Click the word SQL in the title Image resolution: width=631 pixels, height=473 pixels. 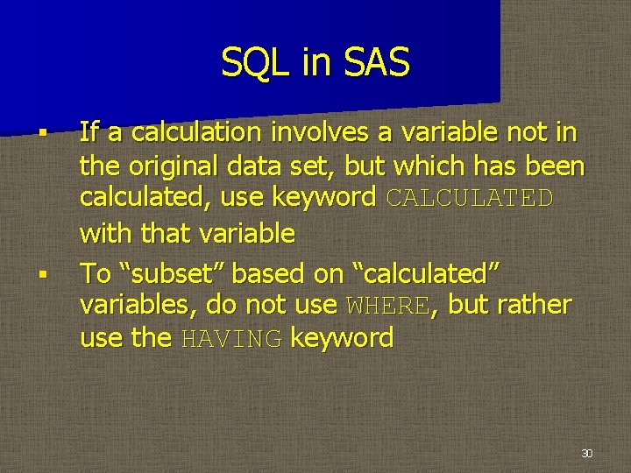[x=249, y=63]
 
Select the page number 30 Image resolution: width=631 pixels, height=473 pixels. [x=586, y=453]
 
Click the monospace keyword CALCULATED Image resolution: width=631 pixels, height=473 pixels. [x=469, y=198]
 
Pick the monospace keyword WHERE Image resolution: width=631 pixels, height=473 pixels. [x=388, y=306]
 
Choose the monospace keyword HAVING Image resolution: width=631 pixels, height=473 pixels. [x=230, y=338]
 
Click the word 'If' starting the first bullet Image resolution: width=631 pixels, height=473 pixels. [x=88, y=132]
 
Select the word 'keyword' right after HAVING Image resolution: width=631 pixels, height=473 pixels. [x=342, y=338]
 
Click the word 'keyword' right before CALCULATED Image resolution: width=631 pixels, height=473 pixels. [x=326, y=198]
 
